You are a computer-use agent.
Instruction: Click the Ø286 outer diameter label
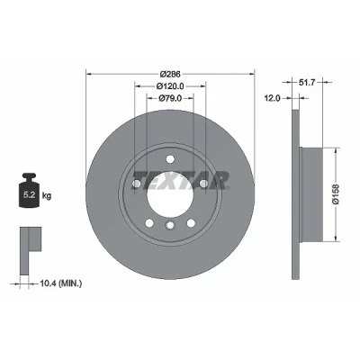(170, 74)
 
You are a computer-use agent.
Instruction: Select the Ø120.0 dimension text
(170, 86)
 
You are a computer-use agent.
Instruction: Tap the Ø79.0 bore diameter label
(170, 98)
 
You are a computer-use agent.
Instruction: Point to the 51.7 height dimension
(307, 82)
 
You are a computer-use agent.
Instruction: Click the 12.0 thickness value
(273, 98)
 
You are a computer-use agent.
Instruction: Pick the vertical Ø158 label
(337, 194)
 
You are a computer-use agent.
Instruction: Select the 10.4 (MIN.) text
(60, 283)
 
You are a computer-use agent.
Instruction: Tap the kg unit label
(47, 196)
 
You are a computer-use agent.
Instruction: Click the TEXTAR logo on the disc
(181, 181)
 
